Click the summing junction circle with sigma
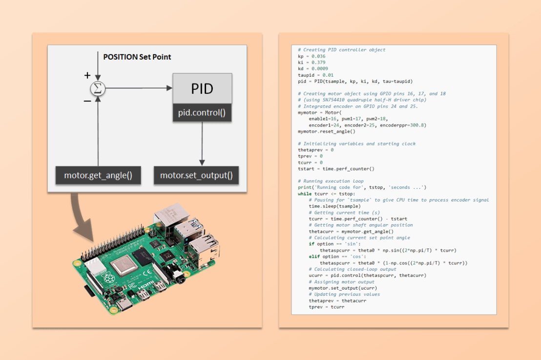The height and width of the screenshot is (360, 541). pyautogui.click(x=99, y=88)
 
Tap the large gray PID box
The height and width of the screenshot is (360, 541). pyautogui.click(x=202, y=89)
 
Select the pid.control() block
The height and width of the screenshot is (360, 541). pyautogui.click(x=202, y=113)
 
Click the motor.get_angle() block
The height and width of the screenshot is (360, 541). pyautogui.click(x=98, y=175)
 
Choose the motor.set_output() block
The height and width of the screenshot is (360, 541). pyautogui.click(x=196, y=175)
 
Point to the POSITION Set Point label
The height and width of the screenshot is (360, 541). pyautogui.click(x=137, y=57)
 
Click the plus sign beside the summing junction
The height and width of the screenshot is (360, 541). pyautogui.click(x=87, y=75)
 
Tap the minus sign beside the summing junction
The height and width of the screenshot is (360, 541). pyautogui.click(x=87, y=100)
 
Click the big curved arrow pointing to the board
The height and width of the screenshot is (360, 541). pyautogui.click(x=83, y=215)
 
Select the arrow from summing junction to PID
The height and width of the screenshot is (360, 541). pyautogui.click(x=139, y=88)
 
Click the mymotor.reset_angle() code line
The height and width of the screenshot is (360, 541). pyautogui.click(x=326, y=131)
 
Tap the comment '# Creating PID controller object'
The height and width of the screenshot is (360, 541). pyautogui.click(x=341, y=50)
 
